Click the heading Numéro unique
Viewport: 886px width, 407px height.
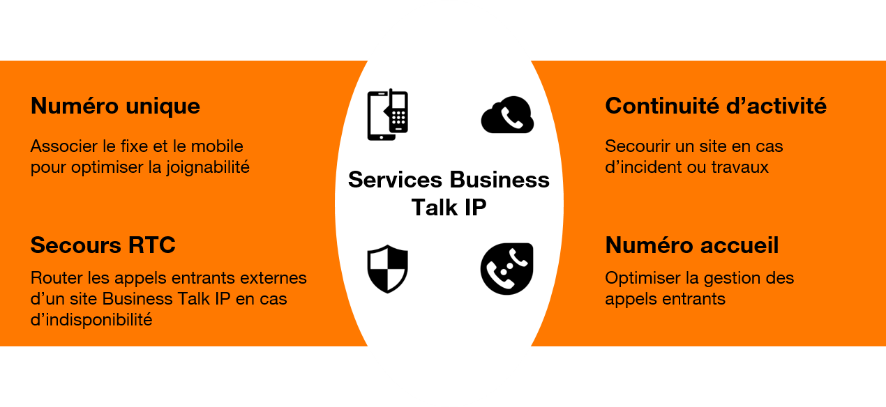115,106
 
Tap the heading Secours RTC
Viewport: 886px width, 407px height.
103,245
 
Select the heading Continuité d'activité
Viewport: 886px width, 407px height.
716,106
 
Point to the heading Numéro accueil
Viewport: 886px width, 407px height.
692,245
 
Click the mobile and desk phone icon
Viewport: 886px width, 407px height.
388,115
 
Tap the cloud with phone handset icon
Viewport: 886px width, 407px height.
507,115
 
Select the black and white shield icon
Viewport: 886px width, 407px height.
387,269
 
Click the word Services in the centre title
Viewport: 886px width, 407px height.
395,180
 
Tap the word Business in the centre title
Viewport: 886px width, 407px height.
499,180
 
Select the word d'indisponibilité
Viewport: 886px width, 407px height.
91,320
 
